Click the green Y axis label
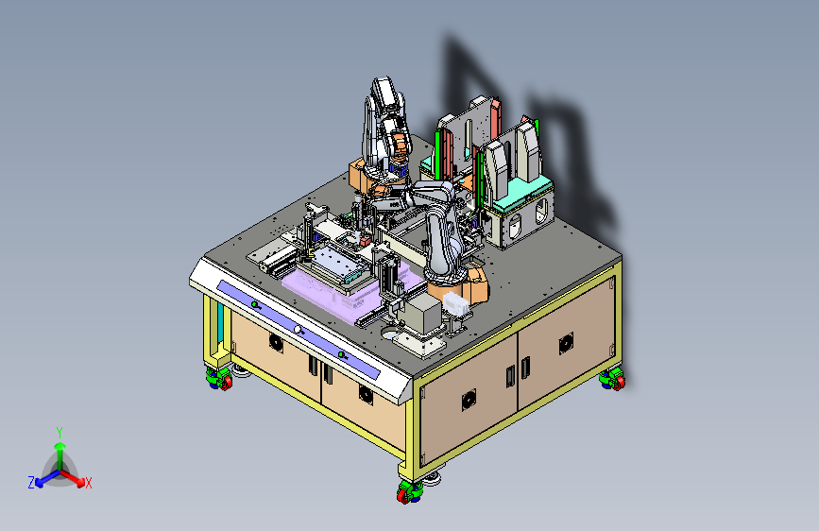tap(60, 433)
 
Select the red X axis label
tap(88, 483)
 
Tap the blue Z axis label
tap(31, 483)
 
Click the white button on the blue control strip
tap(298, 329)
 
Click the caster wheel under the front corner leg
tap(410, 492)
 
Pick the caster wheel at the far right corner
tap(613, 379)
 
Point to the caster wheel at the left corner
tap(219, 378)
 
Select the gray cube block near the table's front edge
tap(423, 313)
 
